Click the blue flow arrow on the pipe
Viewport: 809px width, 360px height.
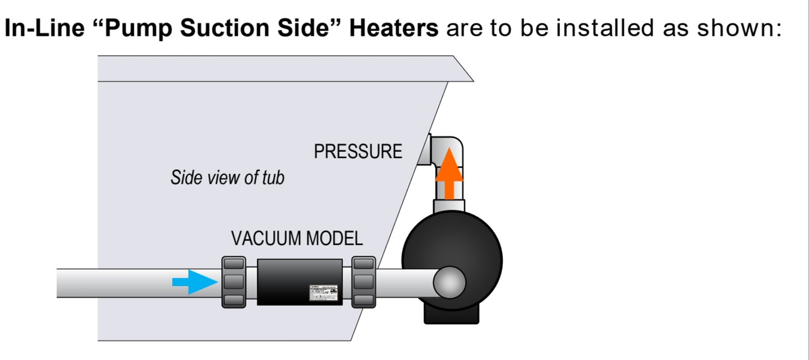[x=194, y=281]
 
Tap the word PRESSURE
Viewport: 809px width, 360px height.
[x=358, y=152]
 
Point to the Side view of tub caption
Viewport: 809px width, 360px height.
[x=227, y=178]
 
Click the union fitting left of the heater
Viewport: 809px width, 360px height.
[x=234, y=282]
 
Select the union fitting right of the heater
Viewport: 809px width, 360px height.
[x=363, y=282]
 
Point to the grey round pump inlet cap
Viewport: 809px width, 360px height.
[x=450, y=283]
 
